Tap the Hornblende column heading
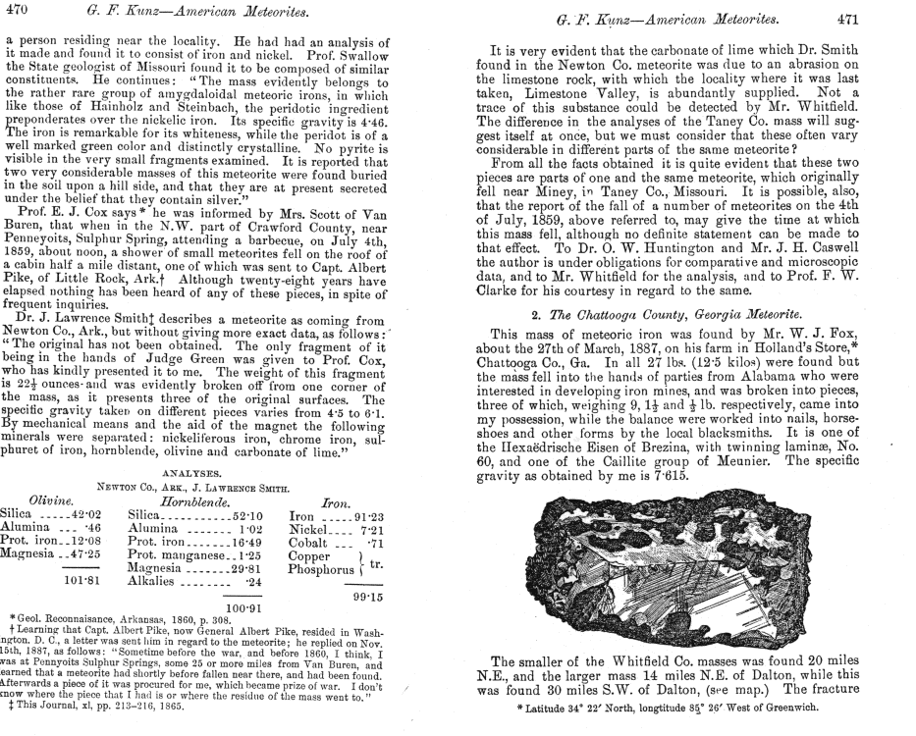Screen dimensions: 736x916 pyautogui.click(x=179, y=500)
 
